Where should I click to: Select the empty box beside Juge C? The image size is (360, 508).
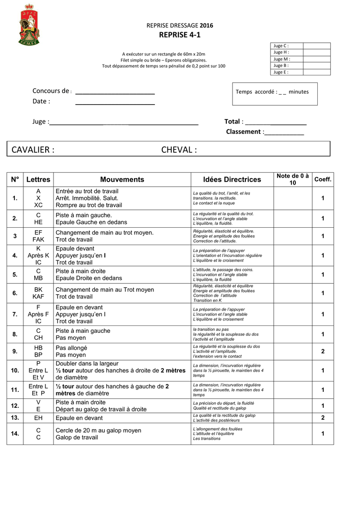(x=316, y=46)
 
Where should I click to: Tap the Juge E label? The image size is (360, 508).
(x=281, y=72)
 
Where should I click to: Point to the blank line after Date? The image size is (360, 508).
(x=115, y=102)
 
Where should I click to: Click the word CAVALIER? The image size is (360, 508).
(x=33, y=150)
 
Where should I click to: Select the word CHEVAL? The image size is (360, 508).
(x=179, y=150)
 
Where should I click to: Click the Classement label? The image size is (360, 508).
(x=243, y=131)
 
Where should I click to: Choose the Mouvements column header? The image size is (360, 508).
(x=122, y=180)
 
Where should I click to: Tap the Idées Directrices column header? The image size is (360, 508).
(x=232, y=180)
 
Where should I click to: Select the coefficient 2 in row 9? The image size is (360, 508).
(x=323, y=351)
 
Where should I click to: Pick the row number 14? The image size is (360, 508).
(x=15, y=434)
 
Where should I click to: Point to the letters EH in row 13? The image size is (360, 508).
(x=38, y=418)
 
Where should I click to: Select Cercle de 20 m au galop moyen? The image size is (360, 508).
(x=98, y=430)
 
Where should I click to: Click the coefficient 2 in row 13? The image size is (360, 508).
(x=323, y=418)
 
